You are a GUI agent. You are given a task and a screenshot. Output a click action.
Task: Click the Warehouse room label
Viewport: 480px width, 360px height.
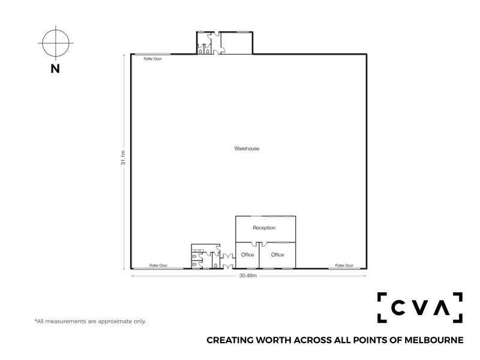pyautogui.click(x=247, y=149)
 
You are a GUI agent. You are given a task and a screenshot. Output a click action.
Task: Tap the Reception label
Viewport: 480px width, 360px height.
pyautogui.click(x=264, y=228)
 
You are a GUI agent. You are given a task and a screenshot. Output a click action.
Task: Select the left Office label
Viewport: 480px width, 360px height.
pyautogui.click(x=247, y=254)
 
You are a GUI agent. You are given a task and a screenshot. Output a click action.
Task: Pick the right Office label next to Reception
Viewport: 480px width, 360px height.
pyautogui.click(x=277, y=254)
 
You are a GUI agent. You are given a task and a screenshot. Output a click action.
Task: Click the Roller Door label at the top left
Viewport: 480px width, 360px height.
pyautogui.click(x=153, y=59)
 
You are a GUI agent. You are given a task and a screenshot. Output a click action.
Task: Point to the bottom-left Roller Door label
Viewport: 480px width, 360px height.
pyautogui.click(x=158, y=265)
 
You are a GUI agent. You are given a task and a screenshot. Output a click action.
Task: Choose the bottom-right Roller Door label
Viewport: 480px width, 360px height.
pyautogui.click(x=344, y=265)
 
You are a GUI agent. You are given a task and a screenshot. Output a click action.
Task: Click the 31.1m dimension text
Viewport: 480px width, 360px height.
pyautogui.click(x=123, y=158)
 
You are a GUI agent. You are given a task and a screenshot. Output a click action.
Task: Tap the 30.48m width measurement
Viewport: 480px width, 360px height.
pyautogui.click(x=248, y=275)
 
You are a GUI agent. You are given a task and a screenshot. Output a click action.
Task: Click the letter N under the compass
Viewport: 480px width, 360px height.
pyautogui.click(x=55, y=69)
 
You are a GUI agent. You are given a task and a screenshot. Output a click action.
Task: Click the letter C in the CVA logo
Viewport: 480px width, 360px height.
pyautogui.click(x=398, y=307)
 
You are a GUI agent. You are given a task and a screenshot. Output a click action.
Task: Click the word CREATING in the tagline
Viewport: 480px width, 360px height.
pyautogui.click(x=230, y=340)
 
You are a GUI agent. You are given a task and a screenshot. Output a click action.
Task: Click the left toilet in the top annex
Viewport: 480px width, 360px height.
pyautogui.click(x=200, y=51)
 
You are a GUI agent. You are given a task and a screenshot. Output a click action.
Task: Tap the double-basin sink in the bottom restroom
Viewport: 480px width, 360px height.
pyautogui.click(x=197, y=250)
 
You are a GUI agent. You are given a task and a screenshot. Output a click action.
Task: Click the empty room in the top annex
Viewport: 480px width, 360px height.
pyautogui.click(x=236, y=43)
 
